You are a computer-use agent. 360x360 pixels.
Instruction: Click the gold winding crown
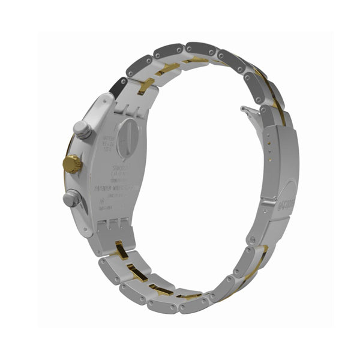point(72,163)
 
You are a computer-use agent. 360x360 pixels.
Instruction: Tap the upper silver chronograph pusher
point(80,129)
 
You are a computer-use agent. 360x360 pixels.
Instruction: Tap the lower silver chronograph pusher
point(73,197)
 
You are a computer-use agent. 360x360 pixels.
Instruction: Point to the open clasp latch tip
point(243,110)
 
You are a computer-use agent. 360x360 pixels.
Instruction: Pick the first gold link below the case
point(122,253)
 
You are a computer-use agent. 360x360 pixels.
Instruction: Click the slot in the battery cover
point(127,139)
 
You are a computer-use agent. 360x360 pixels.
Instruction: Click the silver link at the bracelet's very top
point(200,48)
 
